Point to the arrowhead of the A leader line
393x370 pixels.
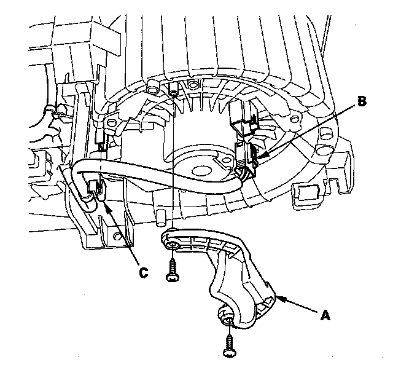click(x=278, y=297)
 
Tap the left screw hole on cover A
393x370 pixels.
click(x=174, y=245)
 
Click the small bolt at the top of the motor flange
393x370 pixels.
click(x=173, y=93)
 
